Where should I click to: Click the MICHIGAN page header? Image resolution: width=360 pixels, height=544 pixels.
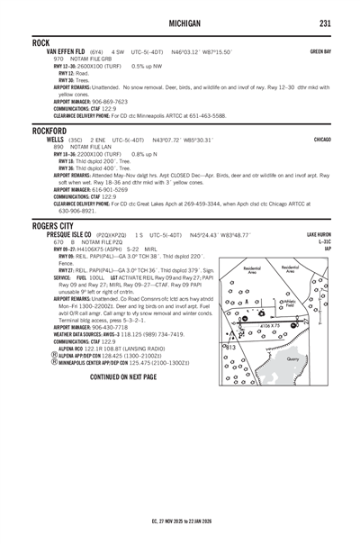(x=181, y=22)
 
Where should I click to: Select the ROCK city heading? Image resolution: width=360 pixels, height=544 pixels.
(x=40, y=42)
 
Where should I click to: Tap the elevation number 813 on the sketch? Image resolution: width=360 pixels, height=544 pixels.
(x=230, y=347)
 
